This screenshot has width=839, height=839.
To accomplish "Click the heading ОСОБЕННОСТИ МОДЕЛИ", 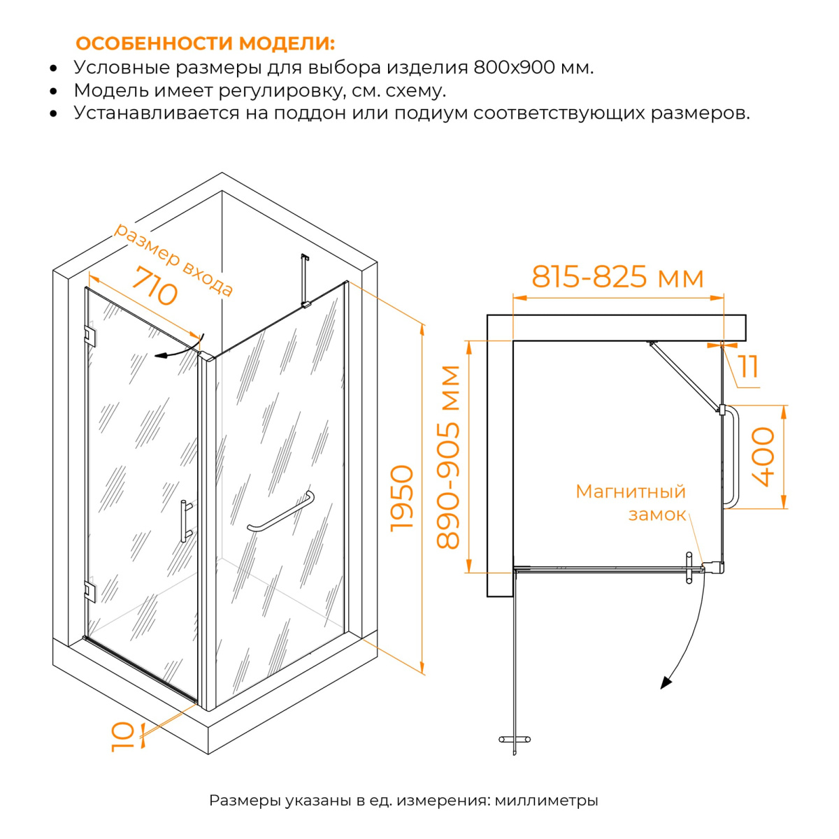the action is coord(206,43).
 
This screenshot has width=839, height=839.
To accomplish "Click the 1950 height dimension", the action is coord(401,499).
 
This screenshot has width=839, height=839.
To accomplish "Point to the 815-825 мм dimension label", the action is coord(617,277).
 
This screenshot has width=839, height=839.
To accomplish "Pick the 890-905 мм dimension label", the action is coord(447,457).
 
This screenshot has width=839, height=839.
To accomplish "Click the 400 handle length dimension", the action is coord(763,457).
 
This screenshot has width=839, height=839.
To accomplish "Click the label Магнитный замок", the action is coord(631,503).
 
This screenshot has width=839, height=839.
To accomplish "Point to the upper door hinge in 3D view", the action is coord(90,336).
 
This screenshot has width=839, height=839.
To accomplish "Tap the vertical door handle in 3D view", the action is coord(185,521).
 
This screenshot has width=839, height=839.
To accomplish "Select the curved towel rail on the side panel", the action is coord(281,512).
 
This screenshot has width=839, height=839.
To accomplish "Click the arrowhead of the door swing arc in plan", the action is coord(666,682).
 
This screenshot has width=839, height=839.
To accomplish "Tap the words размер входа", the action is coord(173,260).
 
